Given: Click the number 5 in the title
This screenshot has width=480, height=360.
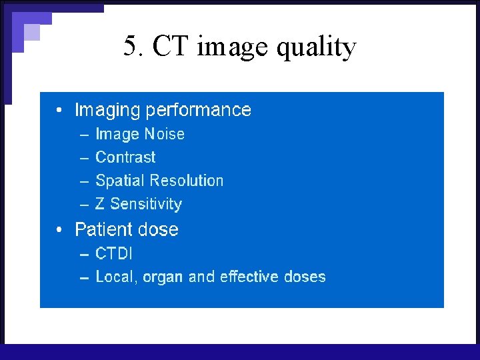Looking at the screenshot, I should pos(131,47).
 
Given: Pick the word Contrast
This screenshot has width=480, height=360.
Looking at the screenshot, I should pos(125,157).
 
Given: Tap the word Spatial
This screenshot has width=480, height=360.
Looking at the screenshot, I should pos(121,181).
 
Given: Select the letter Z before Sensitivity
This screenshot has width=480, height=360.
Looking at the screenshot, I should pos(100,204).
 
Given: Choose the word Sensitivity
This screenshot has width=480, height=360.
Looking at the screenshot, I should pos(146,205).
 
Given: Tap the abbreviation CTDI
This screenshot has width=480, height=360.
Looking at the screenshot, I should pos(114,253).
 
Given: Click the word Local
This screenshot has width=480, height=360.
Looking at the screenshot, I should pos(115,277).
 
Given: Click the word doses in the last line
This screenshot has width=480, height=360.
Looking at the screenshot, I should pos(305,277).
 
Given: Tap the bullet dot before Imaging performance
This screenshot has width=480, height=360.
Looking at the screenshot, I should pos(61,111).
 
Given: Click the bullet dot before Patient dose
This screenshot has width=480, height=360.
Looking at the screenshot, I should pos(61,230).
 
